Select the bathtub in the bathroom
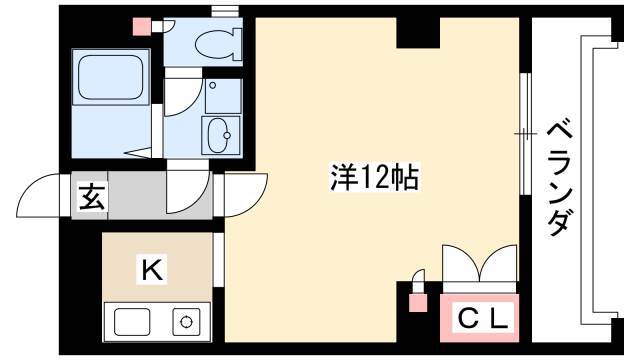111,78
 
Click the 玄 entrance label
91,197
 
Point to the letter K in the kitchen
152,269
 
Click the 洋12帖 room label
374,177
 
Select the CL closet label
483,318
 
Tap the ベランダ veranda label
558,178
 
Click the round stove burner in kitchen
186,321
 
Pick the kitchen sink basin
132,322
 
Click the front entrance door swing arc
38,195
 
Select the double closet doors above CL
480,263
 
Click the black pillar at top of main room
418,33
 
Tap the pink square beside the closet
418,302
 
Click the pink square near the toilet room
143,27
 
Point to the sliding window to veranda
526,134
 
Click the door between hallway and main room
245,195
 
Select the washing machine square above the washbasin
223,96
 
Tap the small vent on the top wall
225,11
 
